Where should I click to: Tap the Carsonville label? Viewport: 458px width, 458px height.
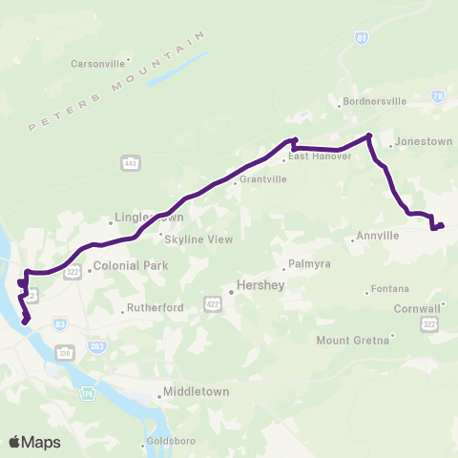pos(98,64)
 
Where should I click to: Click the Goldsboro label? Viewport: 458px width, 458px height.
pos(174,442)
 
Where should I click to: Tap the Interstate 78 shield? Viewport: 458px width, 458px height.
pos(438,96)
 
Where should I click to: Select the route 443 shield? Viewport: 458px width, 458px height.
pos(131,164)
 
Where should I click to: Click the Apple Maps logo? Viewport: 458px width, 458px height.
pos(34,442)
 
